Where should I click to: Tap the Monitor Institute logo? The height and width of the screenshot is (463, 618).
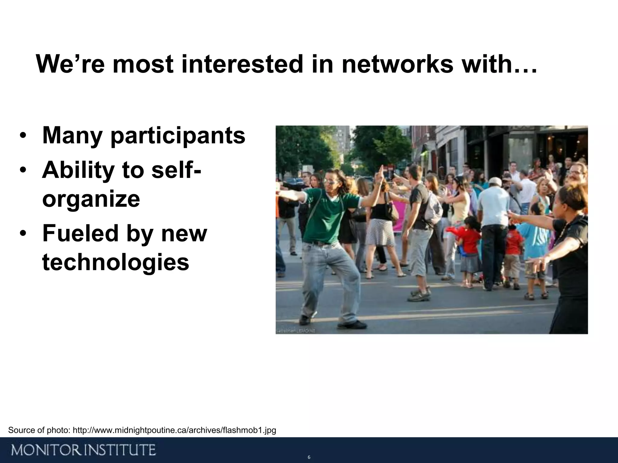click(x=84, y=450)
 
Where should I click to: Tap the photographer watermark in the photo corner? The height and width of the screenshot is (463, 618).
click(x=296, y=331)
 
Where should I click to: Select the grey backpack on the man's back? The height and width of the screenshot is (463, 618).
click(x=433, y=205)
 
